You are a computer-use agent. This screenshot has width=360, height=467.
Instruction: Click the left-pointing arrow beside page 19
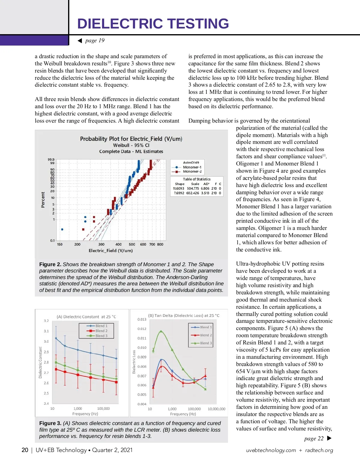point(80,41)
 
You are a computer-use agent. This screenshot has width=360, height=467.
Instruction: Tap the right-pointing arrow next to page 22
point(329,438)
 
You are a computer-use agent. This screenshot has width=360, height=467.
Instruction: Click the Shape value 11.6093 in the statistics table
point(178,189)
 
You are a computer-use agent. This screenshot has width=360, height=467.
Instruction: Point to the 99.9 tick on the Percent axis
point(51,159)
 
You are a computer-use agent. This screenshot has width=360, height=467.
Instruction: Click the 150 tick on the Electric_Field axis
point(60,244)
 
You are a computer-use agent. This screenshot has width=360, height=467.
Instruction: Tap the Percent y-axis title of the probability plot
point(43,200)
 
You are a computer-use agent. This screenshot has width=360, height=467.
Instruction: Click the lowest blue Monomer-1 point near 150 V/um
point(62,229)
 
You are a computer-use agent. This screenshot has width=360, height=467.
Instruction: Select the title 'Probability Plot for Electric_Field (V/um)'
point(131,139)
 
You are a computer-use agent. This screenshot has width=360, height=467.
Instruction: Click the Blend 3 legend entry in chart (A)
point(101,336)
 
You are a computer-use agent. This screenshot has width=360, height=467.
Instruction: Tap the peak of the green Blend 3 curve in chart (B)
point(161,331)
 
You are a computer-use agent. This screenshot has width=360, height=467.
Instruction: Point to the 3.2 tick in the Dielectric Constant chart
point(46,321)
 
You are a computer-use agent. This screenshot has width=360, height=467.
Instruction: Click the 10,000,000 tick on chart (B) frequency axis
point(216,409)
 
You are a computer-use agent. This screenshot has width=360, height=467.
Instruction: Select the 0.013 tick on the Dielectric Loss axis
point(142,319)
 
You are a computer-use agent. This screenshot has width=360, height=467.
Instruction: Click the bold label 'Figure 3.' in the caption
point(50,423)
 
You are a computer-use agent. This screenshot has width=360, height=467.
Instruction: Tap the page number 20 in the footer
point(25,450)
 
